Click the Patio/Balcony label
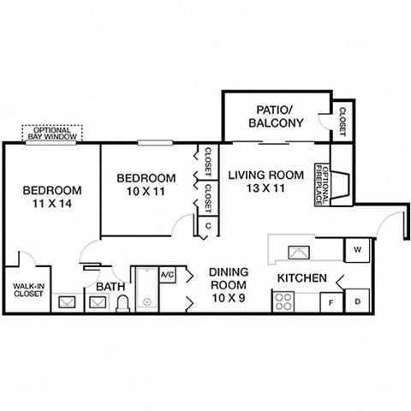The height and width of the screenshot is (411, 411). tap(276, 116)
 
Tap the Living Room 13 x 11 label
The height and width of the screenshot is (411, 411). tap(265, 182)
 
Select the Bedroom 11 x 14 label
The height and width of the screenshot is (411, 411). tap(52, 196)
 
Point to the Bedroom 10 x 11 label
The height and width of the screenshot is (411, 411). tap(146, 184)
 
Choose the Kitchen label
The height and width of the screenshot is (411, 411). tap(301, 278)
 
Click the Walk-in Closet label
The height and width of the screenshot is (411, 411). tap(28, 290)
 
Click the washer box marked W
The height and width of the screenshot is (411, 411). tap(356, 250)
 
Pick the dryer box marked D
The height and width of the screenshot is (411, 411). tap(356, 301)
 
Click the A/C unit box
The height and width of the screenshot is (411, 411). tap(167, 276)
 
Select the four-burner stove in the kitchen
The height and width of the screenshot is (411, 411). tap(283, 302)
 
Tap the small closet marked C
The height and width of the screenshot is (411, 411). tap(206, 226)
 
